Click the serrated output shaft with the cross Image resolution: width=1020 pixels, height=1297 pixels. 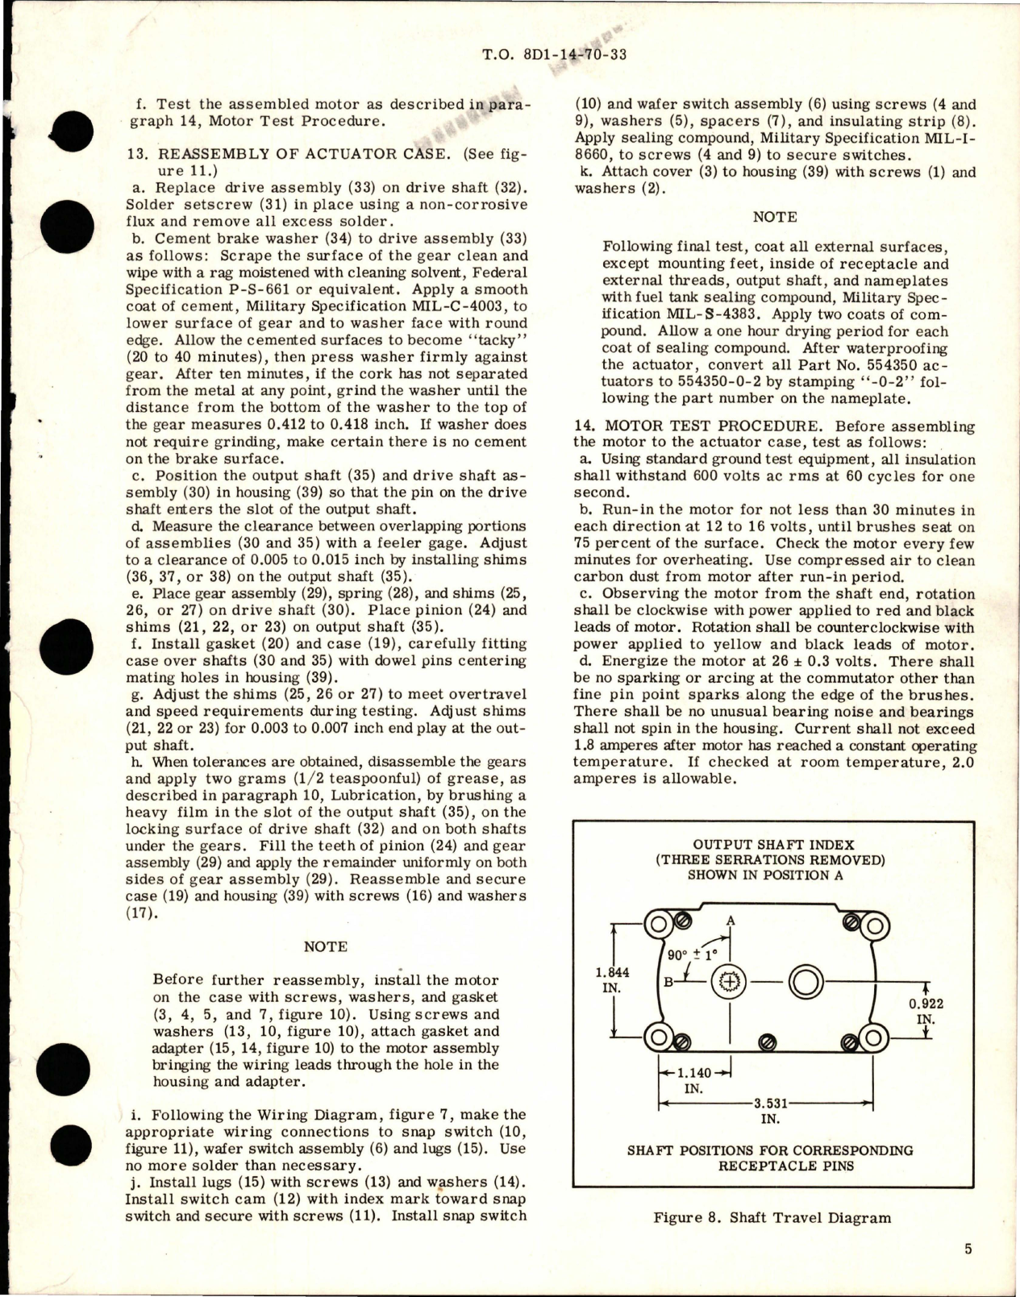coord(729,982)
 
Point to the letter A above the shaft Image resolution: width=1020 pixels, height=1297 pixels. coord(731,921)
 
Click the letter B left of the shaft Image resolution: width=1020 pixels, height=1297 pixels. coord(668,982)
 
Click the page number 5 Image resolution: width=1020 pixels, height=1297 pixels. coord(968,1249)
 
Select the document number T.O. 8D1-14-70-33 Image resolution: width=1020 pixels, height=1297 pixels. coord(554,55)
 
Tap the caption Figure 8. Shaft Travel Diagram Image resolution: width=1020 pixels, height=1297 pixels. coord(772,1217)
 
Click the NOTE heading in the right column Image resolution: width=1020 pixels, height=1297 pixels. coord(774,217)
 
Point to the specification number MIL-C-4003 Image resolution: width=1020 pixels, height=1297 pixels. coord(460,306)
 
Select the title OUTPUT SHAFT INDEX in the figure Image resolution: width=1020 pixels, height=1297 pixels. coord(773,844)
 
